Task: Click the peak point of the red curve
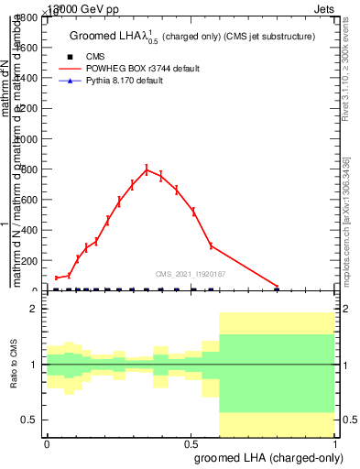[x=147, y=169]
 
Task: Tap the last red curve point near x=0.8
[x=278, y=287]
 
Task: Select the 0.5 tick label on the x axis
[x=191, y=443]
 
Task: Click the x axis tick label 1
[x=335, y=443]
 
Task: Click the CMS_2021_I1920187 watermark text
[x=191, y=273]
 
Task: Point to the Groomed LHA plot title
[x=192, y=36]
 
